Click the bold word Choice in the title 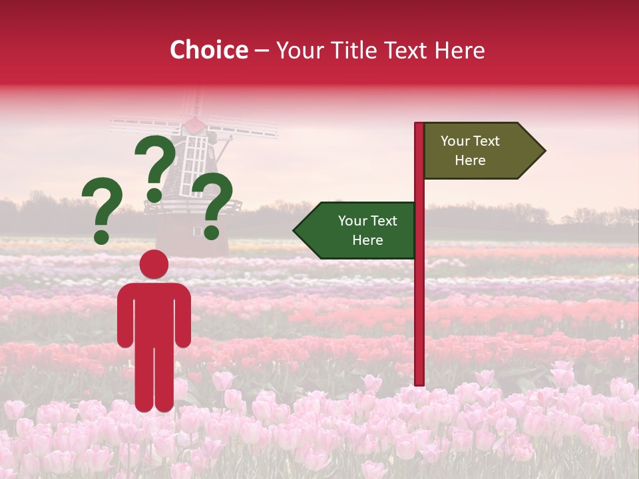point(208,50)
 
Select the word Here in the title point(460,50)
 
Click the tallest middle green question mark point(156,166)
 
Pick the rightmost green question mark point(212,205)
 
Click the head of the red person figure point(154,264)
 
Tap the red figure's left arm point(124,316)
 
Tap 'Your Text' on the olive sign point(470,141)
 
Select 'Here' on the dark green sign point(367,240)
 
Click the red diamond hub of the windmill point(194,124)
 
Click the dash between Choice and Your point(262,50)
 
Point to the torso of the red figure point(154,313)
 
